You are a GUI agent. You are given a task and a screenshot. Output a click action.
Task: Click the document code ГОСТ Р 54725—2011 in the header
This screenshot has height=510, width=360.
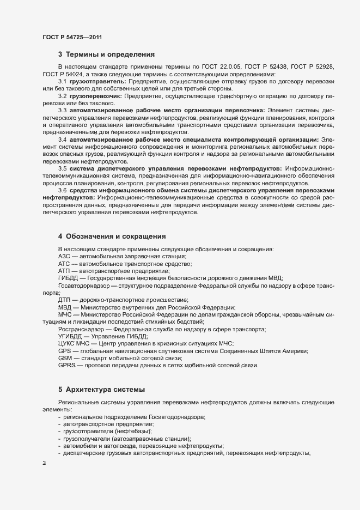[72, 37]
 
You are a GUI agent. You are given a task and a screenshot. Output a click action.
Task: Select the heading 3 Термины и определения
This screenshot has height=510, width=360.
[106, 54]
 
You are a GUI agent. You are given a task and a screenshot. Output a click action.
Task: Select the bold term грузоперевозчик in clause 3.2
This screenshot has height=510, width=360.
[96, 96]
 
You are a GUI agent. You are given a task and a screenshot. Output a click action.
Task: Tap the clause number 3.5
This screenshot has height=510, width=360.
[63, 169]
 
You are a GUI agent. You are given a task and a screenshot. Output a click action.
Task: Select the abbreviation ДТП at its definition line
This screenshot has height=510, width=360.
[65, 300]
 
